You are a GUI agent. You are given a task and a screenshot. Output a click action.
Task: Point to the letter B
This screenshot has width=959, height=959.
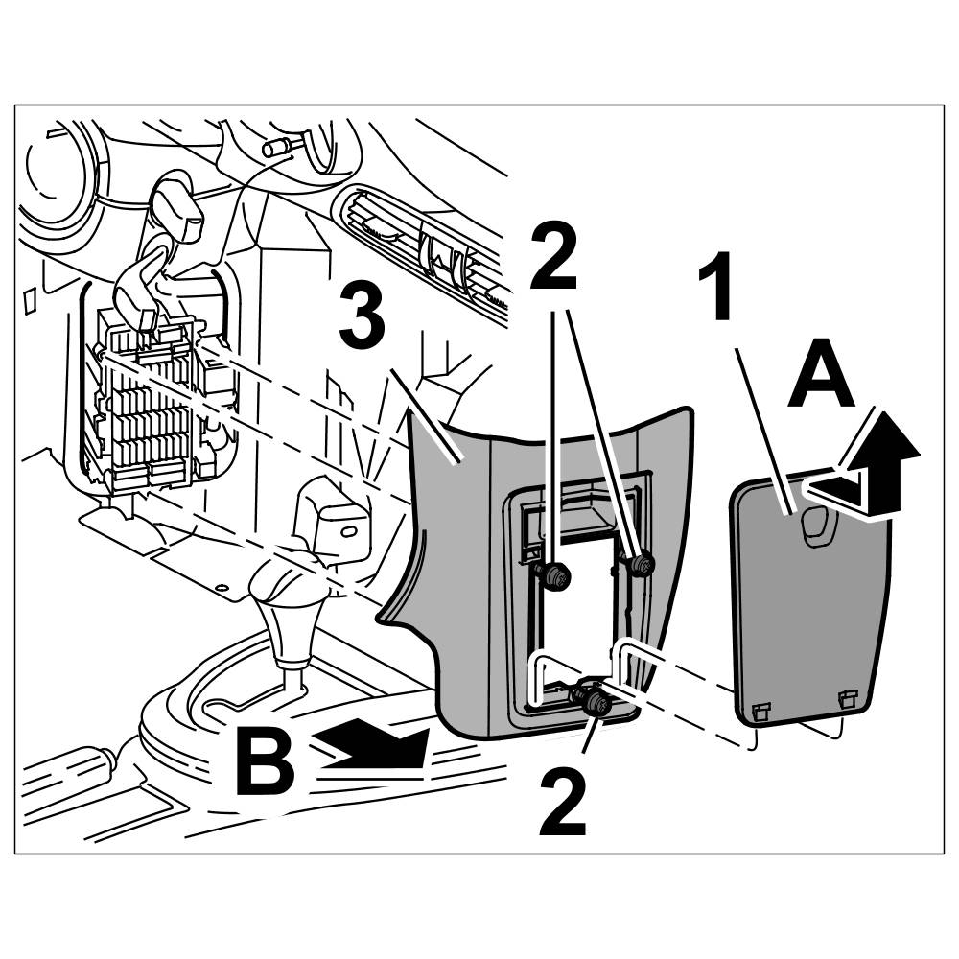coord(267,762)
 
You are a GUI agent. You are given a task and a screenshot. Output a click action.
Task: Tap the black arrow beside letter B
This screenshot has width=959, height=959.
coord(374,745)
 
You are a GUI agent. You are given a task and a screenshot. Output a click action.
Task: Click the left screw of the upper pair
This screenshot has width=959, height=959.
coord(554,575)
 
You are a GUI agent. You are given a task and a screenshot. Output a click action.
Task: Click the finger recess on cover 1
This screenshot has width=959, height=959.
coord(817,526)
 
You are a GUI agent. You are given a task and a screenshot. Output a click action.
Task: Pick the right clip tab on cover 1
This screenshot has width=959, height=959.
coord(846,699)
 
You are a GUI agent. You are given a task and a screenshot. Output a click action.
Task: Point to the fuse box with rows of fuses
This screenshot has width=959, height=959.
coord(149,403)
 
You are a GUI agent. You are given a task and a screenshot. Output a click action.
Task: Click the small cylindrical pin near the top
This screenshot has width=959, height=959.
coord(280,148)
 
